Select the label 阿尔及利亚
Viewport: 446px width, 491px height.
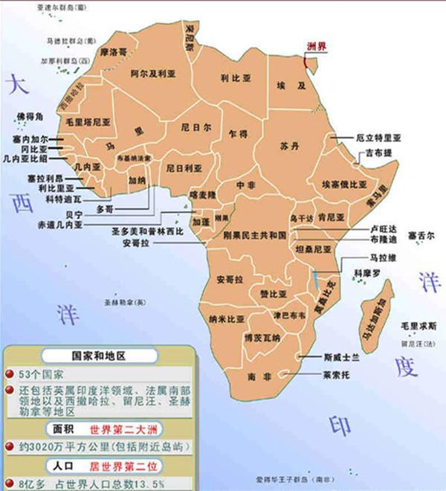(x=153, y=74)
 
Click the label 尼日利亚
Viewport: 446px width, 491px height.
(x=184, y=168)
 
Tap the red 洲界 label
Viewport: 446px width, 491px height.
(x=317, y=45)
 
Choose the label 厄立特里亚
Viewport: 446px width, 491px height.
(x=377, y=138)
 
